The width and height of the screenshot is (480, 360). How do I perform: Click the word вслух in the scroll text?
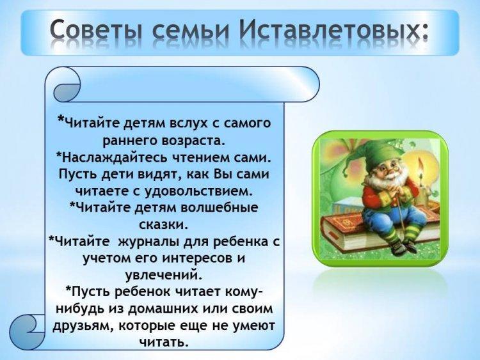[188, 123]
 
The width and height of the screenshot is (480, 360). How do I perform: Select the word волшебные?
[220, 208]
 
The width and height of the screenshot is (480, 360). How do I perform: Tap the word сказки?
[163, 225]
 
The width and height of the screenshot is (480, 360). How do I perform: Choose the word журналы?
[148, 242]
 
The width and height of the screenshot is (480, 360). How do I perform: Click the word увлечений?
[164, 276]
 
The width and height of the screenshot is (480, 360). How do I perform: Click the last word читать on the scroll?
[163, 342]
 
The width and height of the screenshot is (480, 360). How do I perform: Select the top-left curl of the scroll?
[65, 86]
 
